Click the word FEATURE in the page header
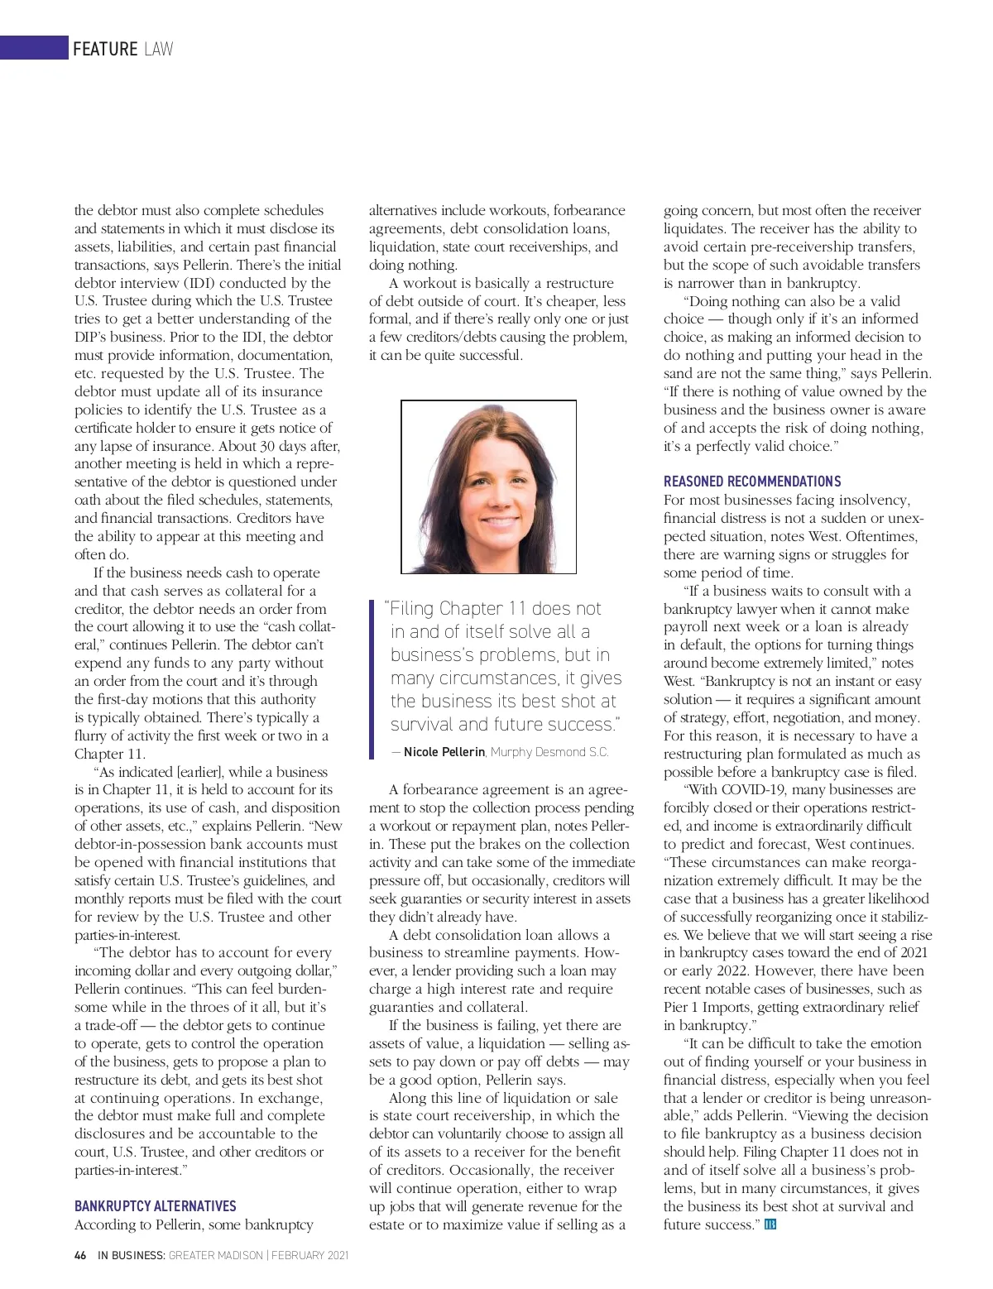[x=104, y=49]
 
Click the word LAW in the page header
[x=158, y=49]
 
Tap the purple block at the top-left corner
[x=34, y=47]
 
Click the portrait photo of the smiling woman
[x=488, y=486]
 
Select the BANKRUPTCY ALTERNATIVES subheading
[x=155, y=1206]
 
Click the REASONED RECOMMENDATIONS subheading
[x=751, y=482]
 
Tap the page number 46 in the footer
[x=80, y=1255]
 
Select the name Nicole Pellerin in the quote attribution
[x=444, y=752]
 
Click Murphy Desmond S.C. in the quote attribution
[x=549, y=752]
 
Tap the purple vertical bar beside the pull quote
[x=372, y=678]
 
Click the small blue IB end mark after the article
[x=770, y=1224]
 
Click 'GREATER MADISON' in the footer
[x=215, y=1255]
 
